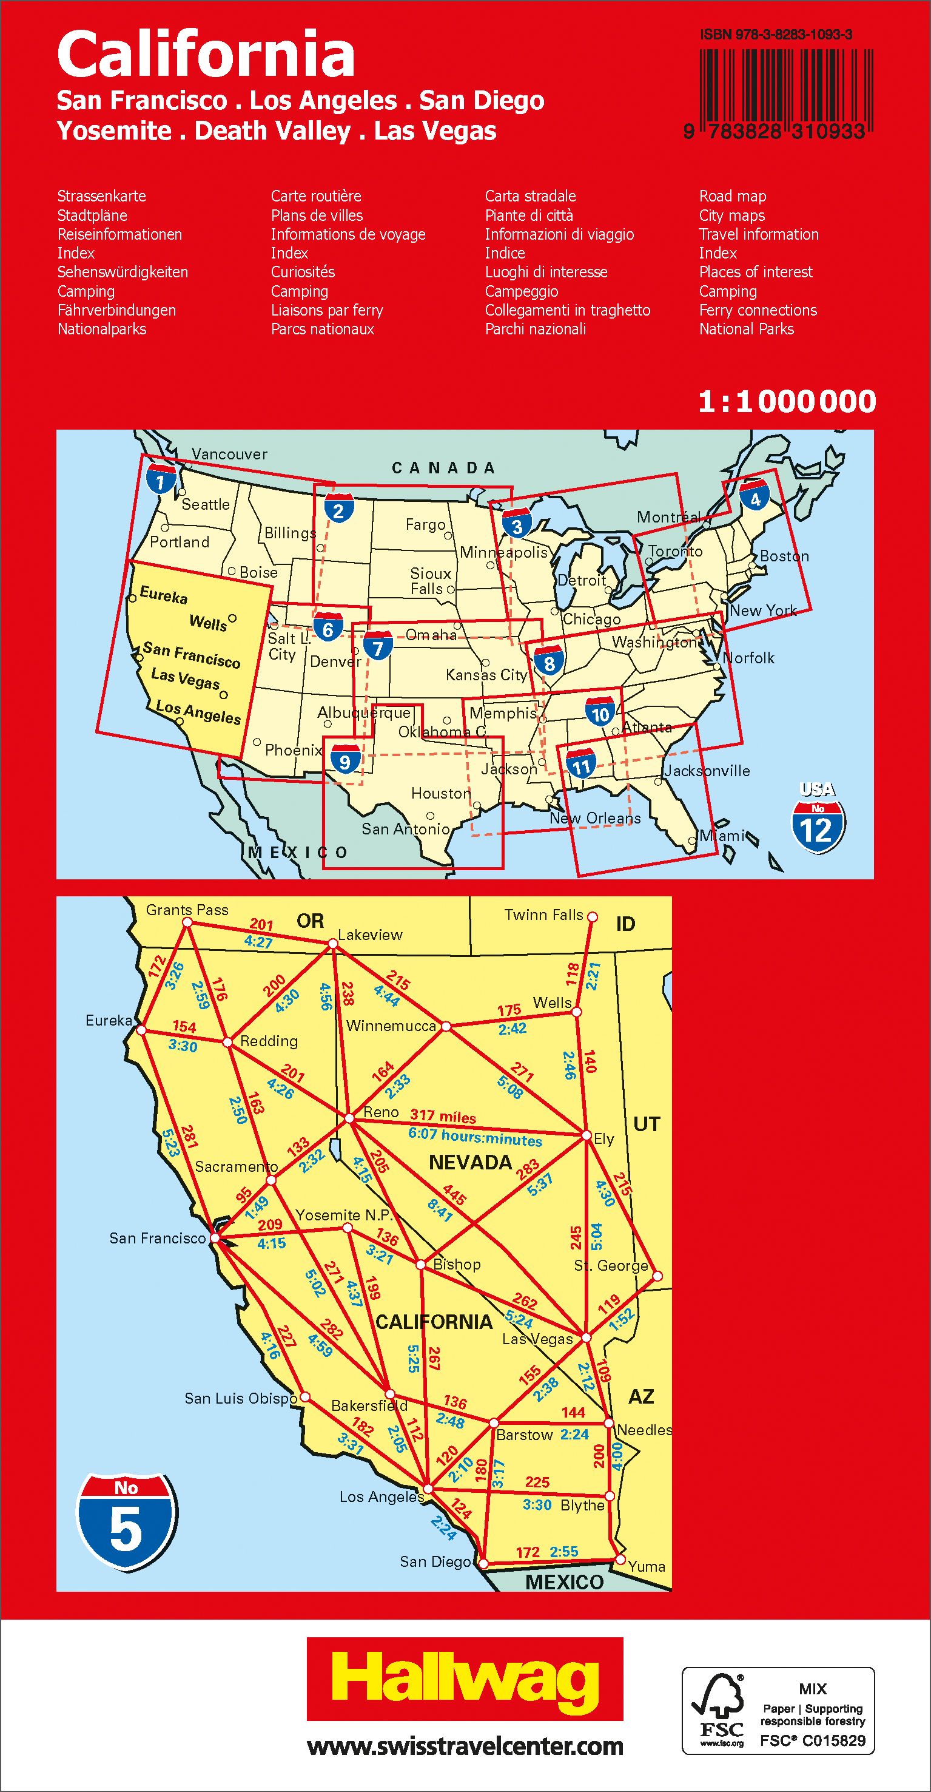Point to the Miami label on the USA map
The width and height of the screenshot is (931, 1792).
coord(722,836)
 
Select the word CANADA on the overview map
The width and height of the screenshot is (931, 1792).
coord(443,467)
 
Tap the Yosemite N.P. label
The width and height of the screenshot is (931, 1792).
coord(344,1216)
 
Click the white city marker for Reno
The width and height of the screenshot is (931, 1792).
coord(350,1118)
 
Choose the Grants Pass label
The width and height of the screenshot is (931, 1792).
coord(187,910)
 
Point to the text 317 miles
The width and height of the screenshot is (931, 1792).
coord(443,1117)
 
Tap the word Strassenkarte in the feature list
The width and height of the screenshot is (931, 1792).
coord(101,196)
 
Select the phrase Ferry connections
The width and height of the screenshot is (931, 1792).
coord(758,310)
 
